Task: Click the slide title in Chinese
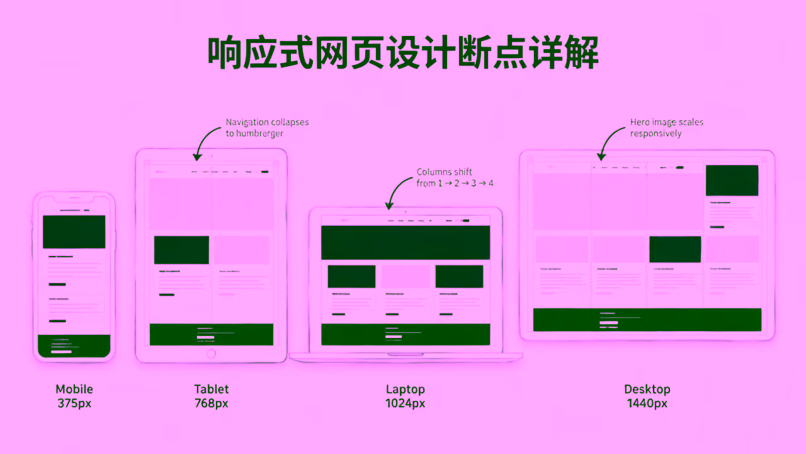coord(403,53)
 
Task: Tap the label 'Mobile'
coord(74,389)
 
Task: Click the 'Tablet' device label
coord(212,389)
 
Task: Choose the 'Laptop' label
coord(406,389)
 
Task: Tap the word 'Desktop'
coord(647,389)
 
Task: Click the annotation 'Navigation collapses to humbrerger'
coord(267,127)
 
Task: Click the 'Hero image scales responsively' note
coord(667,127)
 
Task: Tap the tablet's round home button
coord(211,354)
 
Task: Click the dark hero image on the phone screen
coord(74,231)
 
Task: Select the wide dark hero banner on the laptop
coord(406,242)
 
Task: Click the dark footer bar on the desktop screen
coord(647,320)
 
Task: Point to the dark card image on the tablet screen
coord(181,250)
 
